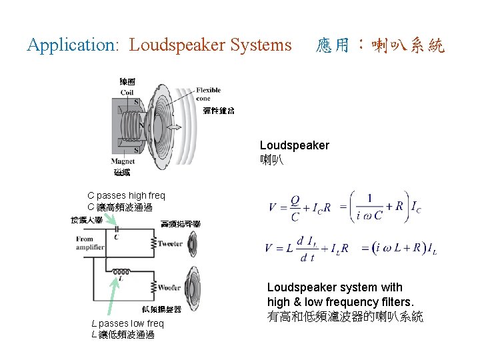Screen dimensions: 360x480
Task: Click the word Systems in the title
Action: click(261, 45)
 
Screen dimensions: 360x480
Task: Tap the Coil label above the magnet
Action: click(127, 93)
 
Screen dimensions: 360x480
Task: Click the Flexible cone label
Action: click(208, 95)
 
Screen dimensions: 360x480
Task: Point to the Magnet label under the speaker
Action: click(123, 161)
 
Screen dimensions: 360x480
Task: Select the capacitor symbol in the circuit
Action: click(116, 229)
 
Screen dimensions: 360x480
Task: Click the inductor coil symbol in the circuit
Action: click(121, 272)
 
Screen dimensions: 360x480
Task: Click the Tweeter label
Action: click(170, 244)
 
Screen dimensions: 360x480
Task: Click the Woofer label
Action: click(169, 288)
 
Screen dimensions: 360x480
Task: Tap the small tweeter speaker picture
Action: click(192, 245)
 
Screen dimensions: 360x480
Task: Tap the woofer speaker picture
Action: click(194, 287)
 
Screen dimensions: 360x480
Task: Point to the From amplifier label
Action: click(90, 243)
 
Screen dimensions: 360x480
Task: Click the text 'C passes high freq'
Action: click(126, 195)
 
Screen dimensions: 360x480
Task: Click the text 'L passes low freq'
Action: click(127, 323)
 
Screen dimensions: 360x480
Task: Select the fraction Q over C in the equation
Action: click(294, 207)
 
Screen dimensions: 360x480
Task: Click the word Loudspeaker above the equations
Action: click(294, 145)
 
